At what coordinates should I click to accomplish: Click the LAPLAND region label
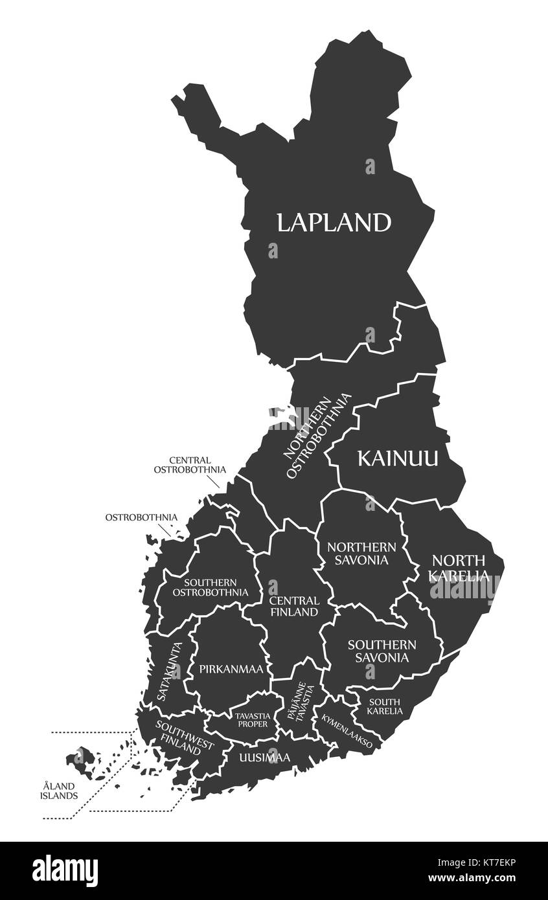(x=334, y=222)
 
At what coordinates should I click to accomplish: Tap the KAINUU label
(x=398, y=459)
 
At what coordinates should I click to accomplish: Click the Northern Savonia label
(x=361, y=553)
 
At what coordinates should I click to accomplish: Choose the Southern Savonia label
(x=382, y=651)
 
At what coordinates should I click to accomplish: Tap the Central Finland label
(x=293, y=606)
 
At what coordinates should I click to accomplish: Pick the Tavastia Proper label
(x=251, y=719)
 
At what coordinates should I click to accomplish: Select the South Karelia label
(x=385, y=706)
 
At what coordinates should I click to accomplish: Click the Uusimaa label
(x=264, y=757)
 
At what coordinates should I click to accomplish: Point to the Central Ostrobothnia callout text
(x=189, y=464)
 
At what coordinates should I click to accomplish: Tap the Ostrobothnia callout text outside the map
(x=141, y=517)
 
